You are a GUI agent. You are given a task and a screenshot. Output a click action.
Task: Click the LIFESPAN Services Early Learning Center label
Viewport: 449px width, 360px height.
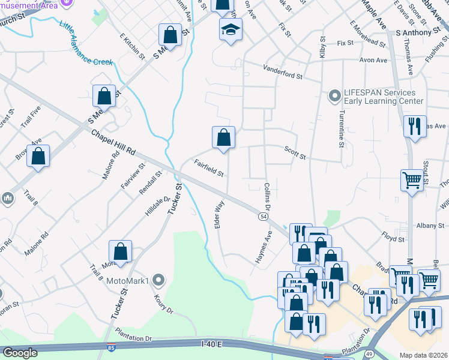tap(379, 97)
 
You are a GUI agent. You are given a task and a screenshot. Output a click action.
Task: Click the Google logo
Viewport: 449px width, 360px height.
tap(20, 353)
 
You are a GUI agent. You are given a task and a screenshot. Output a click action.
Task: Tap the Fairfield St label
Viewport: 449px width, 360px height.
tap(208, 168)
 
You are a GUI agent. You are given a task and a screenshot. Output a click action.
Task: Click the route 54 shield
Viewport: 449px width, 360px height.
tap(263, 215)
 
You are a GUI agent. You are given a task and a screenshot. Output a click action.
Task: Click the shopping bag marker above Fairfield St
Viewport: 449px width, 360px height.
tap(223, 137)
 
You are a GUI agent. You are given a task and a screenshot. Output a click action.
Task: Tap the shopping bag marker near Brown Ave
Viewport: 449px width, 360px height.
tap(38, 156)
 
